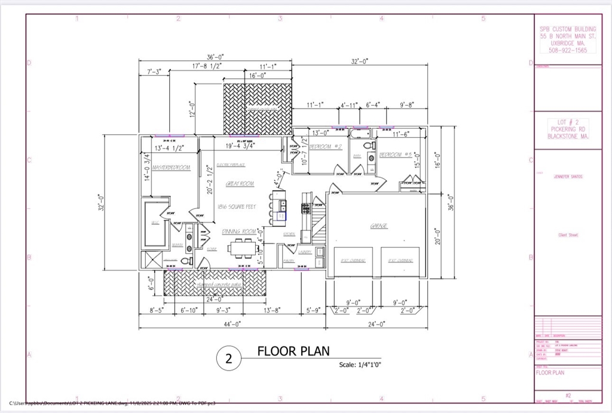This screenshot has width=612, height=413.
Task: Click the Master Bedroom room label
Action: [171, 168]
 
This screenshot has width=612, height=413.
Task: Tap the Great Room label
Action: [240, 184]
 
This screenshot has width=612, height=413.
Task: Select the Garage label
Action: [378, 226]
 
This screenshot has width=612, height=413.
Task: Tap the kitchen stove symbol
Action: [305, 208]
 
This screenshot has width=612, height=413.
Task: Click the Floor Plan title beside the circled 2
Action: [293, 351]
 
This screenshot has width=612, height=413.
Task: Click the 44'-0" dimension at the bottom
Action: [232, 324]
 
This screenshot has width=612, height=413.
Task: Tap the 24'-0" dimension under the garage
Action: [377, 324]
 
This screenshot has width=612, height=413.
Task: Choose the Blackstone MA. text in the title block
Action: [568, 137]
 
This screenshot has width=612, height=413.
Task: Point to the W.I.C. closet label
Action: [154, 223]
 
